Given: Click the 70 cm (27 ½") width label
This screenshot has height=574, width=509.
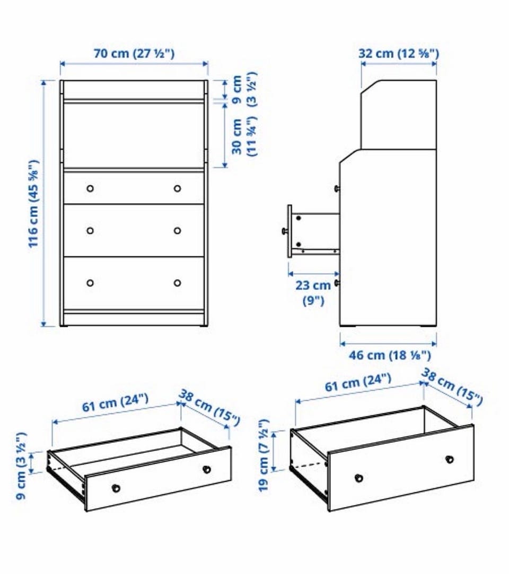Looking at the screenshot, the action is (134, 53).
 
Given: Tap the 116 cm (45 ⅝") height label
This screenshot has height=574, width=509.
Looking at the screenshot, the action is (33, 203).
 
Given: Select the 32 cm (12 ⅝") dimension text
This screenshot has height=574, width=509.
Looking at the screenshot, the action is (398, 53).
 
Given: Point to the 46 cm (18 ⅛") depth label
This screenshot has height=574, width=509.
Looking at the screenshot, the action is (390, 355).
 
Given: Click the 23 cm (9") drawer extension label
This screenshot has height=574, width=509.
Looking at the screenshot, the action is (313, 292).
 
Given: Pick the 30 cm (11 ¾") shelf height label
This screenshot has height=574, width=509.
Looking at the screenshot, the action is (244, 136).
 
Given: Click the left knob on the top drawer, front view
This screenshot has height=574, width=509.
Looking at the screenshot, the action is (90, 188).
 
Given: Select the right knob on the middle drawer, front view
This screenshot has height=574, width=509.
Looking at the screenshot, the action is (178, 231).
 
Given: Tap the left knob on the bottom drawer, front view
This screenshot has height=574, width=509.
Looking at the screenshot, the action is (90, 283).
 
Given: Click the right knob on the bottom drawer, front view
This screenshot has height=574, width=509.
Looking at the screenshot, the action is (178, 283).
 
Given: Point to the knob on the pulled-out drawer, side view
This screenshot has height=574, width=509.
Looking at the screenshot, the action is (284, 231).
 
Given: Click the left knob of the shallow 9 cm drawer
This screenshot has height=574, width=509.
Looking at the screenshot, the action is (116, 488).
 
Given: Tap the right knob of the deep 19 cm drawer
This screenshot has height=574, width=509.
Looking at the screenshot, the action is (450, 459).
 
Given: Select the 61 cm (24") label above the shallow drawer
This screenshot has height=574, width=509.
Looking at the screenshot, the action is (115, 402).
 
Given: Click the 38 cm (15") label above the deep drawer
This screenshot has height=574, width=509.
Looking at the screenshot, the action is (451, 387).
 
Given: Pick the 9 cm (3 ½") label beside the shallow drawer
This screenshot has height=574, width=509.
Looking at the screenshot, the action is (21, 465).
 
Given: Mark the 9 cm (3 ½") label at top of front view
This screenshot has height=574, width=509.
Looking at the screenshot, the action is (244, 89).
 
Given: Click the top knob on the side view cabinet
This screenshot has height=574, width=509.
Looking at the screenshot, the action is (336, 189).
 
